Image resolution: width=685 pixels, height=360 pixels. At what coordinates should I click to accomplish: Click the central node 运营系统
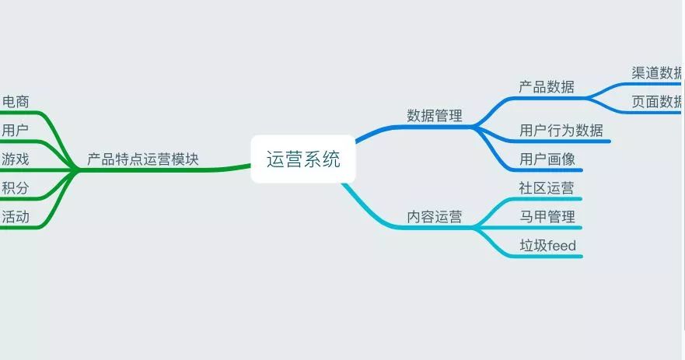(303, 160)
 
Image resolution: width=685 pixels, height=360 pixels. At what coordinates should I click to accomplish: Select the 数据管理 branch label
(435, 116)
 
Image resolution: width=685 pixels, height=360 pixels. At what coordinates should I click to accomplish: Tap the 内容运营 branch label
(435, 217)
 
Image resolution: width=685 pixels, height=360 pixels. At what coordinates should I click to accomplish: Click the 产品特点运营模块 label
(143, 159)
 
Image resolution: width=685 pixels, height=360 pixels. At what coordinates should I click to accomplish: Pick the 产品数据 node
(547, 87)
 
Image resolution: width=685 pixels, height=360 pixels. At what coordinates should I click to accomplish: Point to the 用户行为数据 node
(561, 130)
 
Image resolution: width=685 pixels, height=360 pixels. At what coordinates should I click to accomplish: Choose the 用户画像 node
(547, 159)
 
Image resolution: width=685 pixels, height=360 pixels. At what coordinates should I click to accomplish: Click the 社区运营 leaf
(547, 187)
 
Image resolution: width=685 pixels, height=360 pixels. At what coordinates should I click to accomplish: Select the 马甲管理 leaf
(547, 216)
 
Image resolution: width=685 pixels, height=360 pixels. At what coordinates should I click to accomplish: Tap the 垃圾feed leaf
(548, 246)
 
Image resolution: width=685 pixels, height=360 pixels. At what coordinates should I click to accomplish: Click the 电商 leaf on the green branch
(16, 101)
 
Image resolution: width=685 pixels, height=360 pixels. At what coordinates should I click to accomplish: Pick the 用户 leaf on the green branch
(16, 130)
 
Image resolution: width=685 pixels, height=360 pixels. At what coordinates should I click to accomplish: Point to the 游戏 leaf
(16, 159)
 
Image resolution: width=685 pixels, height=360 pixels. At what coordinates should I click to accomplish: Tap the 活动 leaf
(16, 217)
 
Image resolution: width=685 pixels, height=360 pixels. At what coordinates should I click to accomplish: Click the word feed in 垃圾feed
(562, 246)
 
